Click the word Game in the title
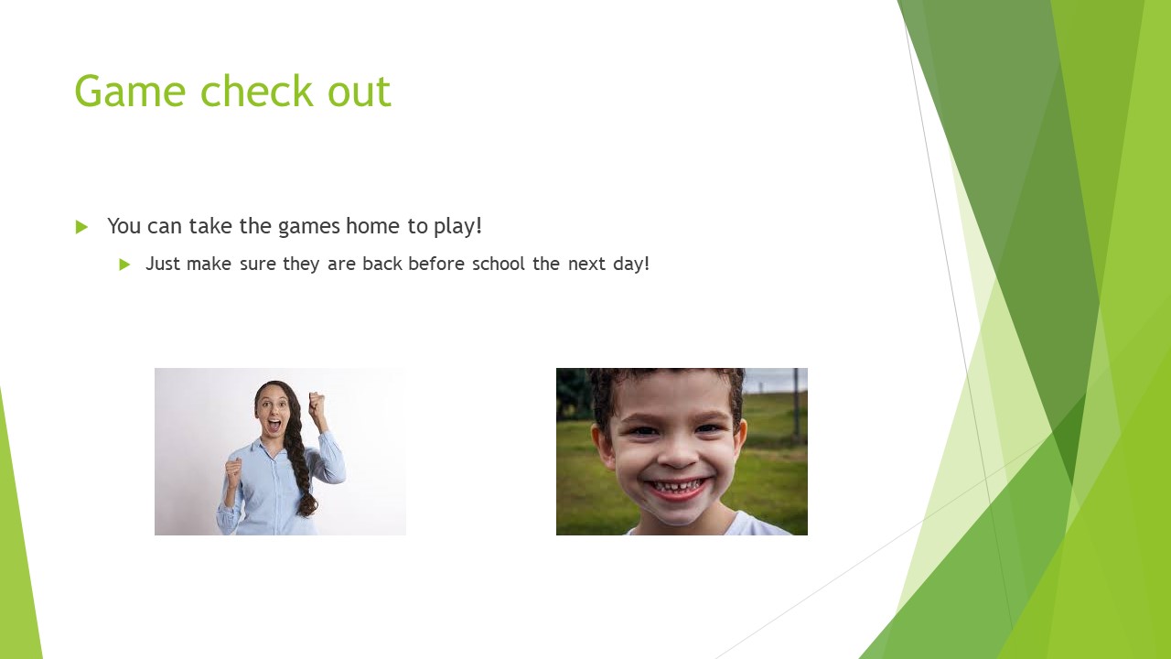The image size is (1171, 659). click(x=130, y=91)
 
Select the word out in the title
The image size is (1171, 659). click(x=360, y=92)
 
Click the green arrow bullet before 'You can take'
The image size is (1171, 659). click(x=81, y=227)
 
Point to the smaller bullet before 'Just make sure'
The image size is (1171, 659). click(x=124, y=265)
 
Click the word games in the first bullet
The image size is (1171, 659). click(x=309, y=228)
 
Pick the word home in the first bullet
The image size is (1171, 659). click(x=372, y=226)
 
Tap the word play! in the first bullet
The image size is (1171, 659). click(x=457, y=227)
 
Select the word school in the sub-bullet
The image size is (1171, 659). click(x=499, y=264)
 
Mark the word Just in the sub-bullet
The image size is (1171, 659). click(x=163, y=264)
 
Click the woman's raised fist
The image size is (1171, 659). click(x=317, y=404)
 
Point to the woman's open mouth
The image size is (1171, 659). click(x=274, y=424)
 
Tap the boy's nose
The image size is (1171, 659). click(x=677, y=455)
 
